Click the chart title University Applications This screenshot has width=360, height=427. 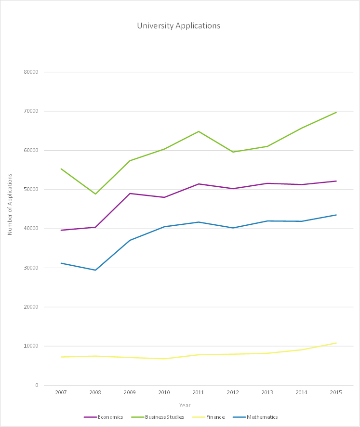tap(178, 26)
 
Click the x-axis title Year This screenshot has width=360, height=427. tap(185, 405)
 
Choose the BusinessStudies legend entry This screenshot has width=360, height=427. tap(161, 417)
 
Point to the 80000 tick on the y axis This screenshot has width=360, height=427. tap(31, 72)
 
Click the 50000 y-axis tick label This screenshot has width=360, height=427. tap(31, 189)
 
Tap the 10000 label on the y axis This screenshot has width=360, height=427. tap(31, 346)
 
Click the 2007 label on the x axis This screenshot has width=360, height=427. tap(61, 393)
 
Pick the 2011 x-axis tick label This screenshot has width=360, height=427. tap(199, 393)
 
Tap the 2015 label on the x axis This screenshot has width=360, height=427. tap(336, 393)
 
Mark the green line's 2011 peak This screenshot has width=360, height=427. tap(199, 131)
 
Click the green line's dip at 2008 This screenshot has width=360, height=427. tap(95, 194)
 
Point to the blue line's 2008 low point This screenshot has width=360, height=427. tap(95, 270)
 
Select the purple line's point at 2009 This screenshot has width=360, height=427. tap(130, 194)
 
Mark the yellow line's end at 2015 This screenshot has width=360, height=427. tap(336, 343)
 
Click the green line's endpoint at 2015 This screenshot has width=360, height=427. tap(336, 112)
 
